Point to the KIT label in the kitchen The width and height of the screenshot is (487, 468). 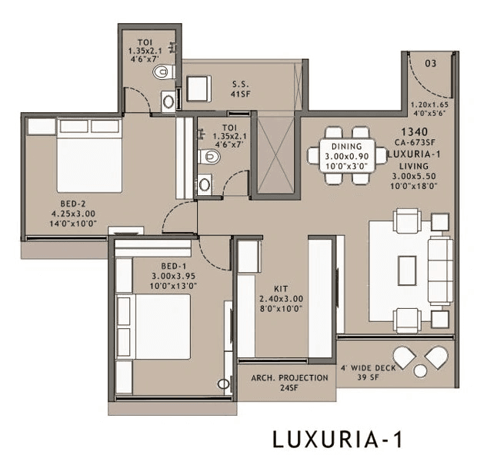(282, 289)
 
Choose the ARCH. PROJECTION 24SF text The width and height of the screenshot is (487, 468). (290, 378)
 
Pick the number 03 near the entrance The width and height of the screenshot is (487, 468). (431, 64)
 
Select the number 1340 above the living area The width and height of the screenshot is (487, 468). (413, 132)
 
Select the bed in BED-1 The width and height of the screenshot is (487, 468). (155, 326)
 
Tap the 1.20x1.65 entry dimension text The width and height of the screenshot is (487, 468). (431, 105)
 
